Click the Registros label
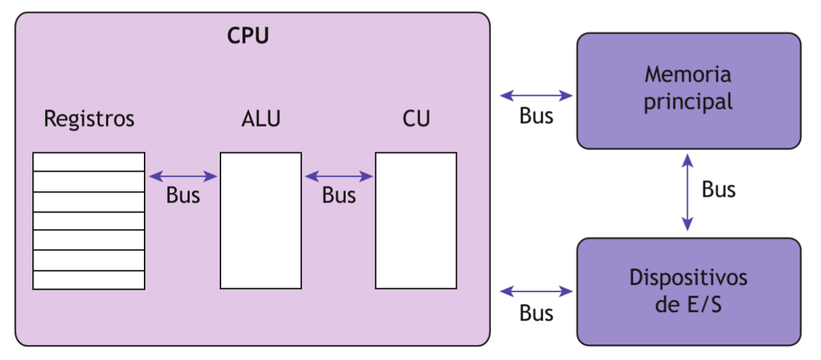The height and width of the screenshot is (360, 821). [x=89, y=118]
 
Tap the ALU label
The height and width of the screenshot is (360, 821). [x=261, y=118]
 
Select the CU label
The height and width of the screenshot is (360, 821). [x=416, y=118]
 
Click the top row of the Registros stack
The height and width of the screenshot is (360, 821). [x=89, y=162]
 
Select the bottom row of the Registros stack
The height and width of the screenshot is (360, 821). [x=89, y=280]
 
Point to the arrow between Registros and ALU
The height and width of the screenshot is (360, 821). [x=183, y=176]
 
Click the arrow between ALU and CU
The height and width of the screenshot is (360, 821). [x=339, y=176]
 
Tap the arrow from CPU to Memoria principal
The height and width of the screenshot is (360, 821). [x=536, y=95]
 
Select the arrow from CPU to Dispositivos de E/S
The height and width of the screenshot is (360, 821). [x=536, y=291]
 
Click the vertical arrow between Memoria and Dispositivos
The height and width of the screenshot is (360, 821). [x=687, y=192]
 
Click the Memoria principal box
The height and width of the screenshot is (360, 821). [x=689, y=91]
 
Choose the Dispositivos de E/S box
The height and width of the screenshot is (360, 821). [x=689, y=291]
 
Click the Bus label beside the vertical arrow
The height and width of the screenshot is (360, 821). [x=718, y=190]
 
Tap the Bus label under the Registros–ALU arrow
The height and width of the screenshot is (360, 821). [x=183, y=195]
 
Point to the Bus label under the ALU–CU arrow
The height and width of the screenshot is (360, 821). [x=339, y=195]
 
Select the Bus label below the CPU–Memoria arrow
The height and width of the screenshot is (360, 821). [x=536, y=117]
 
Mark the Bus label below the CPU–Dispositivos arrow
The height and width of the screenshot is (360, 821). [x=536, y=313]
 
